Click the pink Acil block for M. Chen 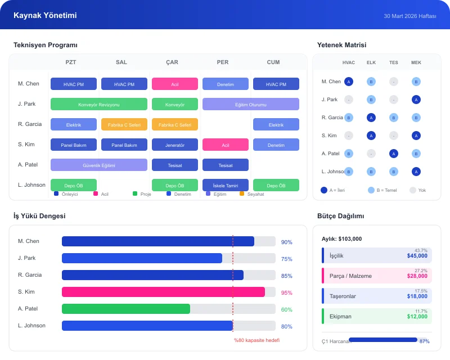(x=174, y=84)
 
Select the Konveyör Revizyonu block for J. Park (x=99, y=104)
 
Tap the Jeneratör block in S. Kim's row (x=174, y=145)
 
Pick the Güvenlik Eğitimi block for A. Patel (x=99, y=165)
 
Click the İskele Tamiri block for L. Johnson (x=225, y=185)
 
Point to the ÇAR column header (x=172, y=62)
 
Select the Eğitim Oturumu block (x=251, y=104)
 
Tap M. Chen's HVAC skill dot (x=349, y=82)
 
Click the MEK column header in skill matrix (x=416, y=62)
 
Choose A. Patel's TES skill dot (x=394, y=154)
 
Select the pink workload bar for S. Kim (x=163, y=292)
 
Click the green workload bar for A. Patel (x=126, y=309)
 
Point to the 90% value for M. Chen (x=286, y=242)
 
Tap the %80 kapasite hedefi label (x=256, y=340)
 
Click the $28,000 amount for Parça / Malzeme (x=417, y=276)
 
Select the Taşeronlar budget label (x=343, y=296)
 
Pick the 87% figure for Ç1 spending (x=425, y=341)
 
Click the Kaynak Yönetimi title (x=45, y=16)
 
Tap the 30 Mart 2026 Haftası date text (x=410, y=16)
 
